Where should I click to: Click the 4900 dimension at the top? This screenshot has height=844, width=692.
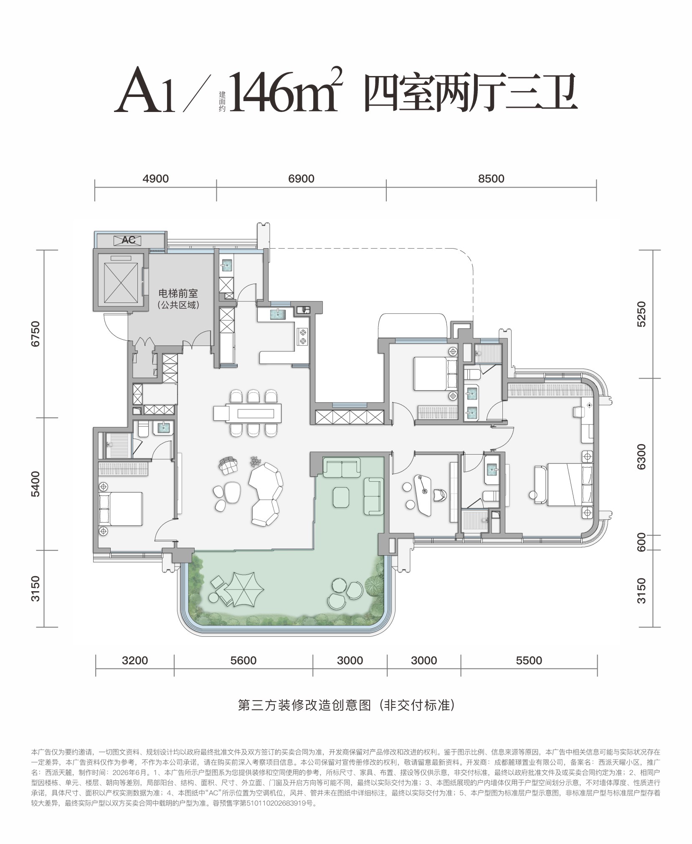pos(155,178)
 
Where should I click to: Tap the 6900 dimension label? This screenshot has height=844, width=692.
pos(301,178)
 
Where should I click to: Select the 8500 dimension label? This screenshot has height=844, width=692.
pos(491,178)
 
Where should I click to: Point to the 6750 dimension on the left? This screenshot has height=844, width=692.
pos(36,333)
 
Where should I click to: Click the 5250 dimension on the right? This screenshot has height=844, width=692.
pos(641,314)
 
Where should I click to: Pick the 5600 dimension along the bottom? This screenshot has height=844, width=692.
pos(243,661)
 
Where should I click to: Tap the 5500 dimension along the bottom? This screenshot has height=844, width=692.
pos(529,661)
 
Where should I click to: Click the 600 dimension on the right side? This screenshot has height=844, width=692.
pos(641,542)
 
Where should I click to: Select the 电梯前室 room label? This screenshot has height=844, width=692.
pos(178,293)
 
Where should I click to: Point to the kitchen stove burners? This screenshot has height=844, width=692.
pos(302,337)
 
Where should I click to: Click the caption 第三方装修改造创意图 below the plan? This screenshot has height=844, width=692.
pos(304,706)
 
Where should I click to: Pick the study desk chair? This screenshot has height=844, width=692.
pos(440,495)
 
